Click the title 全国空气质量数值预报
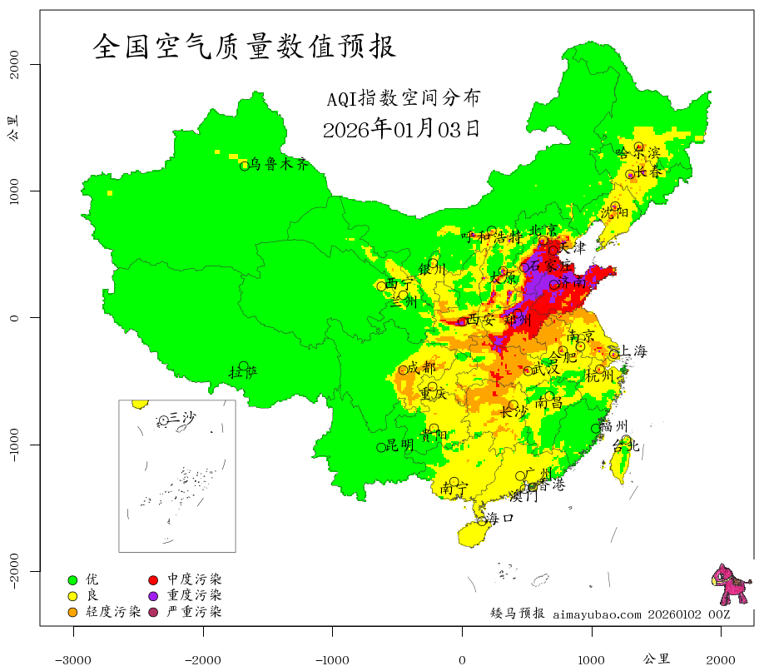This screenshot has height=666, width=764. point(245,47)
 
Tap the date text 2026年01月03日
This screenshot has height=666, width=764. point(401,129)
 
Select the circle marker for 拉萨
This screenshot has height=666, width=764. point(244,366)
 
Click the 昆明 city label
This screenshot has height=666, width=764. point(399,445)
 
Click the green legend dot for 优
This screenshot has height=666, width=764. point(72,579)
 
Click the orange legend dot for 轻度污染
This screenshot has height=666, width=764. point(72,613)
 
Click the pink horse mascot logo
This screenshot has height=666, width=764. point(729,584)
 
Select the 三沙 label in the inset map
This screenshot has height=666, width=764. point(182,417)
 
